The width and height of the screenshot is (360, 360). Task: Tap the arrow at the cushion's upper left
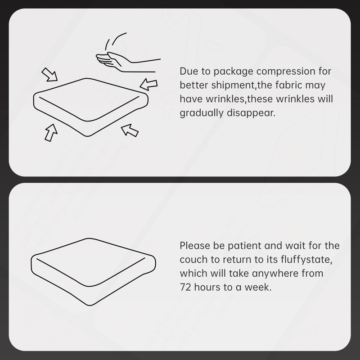(49, 74)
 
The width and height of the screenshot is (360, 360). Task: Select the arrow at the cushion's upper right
(148, 84)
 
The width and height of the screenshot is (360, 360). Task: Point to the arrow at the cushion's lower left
(51, 133)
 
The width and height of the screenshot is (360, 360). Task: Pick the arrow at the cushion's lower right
(130, 130)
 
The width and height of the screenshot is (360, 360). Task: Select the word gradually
(201, 113)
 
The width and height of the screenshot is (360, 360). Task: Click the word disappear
(251, 113)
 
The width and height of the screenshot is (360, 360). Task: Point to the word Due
(189, 71)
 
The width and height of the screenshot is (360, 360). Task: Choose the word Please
(195, 246)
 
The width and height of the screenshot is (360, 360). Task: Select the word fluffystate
(306, 260)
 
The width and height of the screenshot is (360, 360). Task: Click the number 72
(185, 287)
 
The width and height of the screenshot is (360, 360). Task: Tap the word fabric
(288, 85)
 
